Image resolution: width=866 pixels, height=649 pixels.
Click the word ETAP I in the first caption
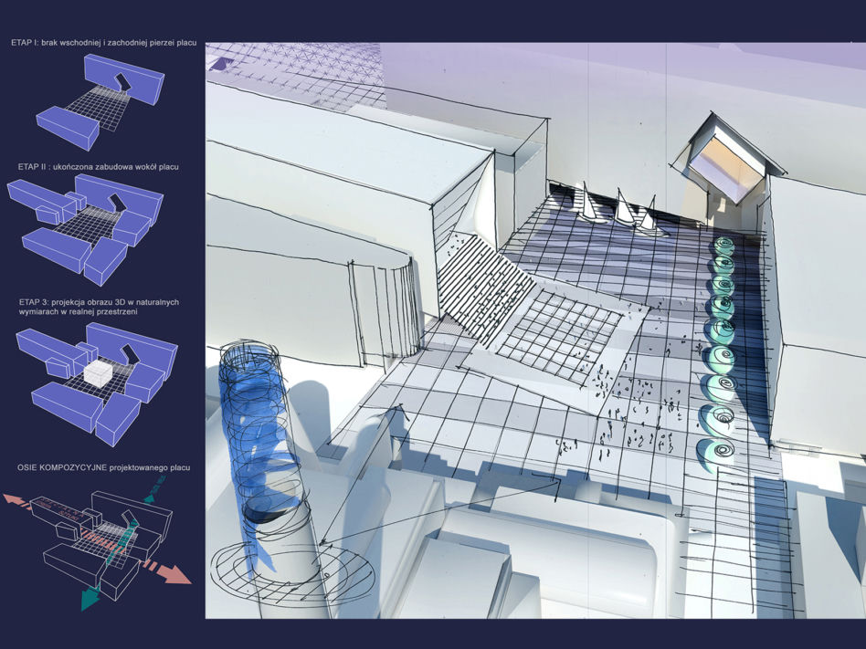tap(23, 43)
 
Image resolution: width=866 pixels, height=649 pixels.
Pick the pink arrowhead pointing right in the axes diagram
tap(175, 574)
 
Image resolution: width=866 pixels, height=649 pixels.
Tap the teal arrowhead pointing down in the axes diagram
tap(89, 599)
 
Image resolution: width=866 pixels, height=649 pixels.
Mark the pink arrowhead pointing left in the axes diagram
tap(11, 498)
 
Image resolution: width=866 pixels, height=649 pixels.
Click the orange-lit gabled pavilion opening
tap(723, 165)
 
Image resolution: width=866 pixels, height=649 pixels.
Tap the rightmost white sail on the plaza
tap(649, 215)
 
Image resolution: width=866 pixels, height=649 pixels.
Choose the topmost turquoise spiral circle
tap(723, 245)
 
